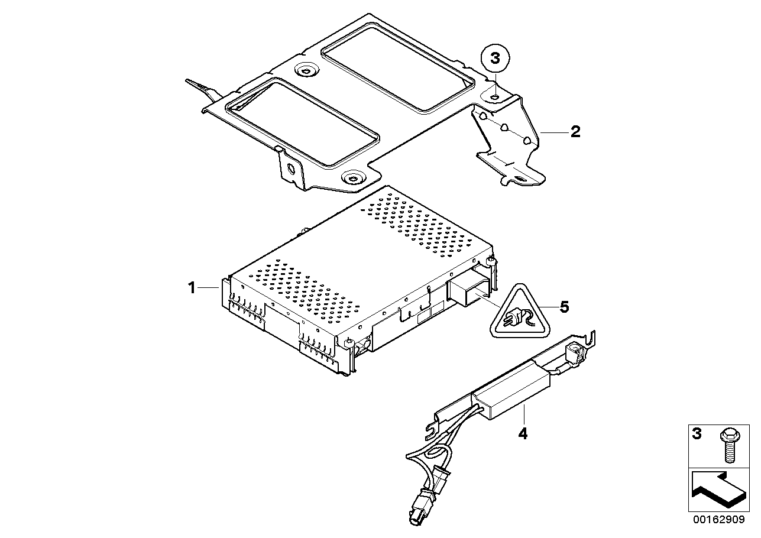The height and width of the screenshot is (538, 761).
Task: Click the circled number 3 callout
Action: (x=496, y=59)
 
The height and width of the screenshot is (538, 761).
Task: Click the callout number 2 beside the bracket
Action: (x=575, y=132)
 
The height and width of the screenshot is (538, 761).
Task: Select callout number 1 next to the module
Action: (x=192, y=288)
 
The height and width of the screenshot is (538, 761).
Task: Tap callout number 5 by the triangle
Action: (x=564, y=307)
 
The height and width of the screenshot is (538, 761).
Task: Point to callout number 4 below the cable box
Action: (x=523, y=433)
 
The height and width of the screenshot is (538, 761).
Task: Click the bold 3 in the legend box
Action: (x=697, y=434)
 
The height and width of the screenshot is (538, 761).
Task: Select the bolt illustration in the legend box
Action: (x=730, y=446)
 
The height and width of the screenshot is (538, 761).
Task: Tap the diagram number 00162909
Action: (x=719, y=520)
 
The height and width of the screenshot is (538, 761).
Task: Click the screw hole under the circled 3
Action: (x=495, y=98)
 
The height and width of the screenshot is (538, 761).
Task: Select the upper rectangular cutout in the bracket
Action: (x=397, y=66)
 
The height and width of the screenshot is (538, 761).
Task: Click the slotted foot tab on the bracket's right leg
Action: (x=521, y=179)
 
